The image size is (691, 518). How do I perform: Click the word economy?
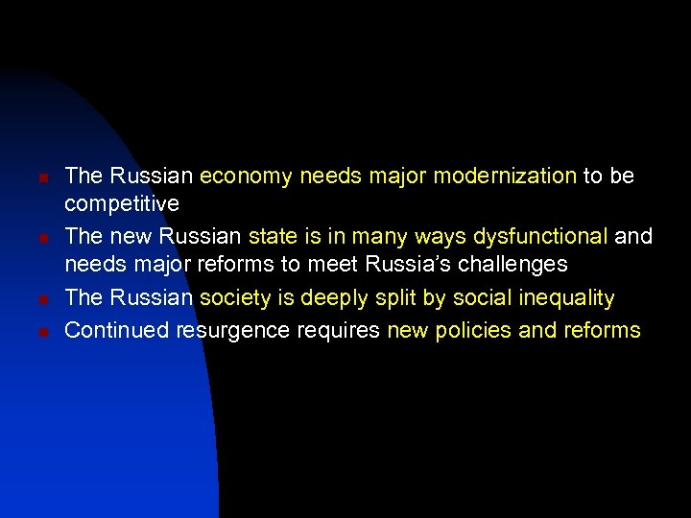coord(247,177)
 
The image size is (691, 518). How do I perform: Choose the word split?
coord(394,299)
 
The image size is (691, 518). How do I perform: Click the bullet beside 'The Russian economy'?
coord(33,178)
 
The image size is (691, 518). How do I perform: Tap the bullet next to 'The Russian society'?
coord(33,300)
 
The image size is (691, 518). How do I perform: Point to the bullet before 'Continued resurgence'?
coord(33,333)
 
